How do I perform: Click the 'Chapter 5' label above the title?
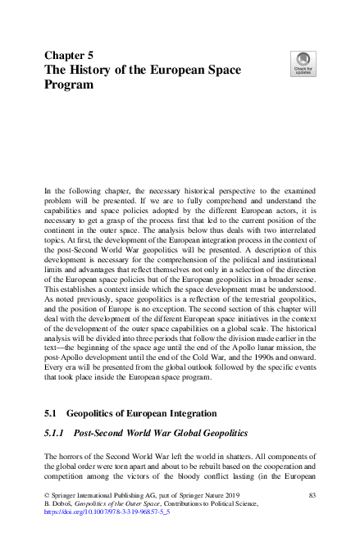pyautogui.click(x=71, y=56)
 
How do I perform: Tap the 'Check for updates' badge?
pyautogui.click(x=302, y=63)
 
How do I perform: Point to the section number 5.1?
pyautogui.click(x=49, y=415)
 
